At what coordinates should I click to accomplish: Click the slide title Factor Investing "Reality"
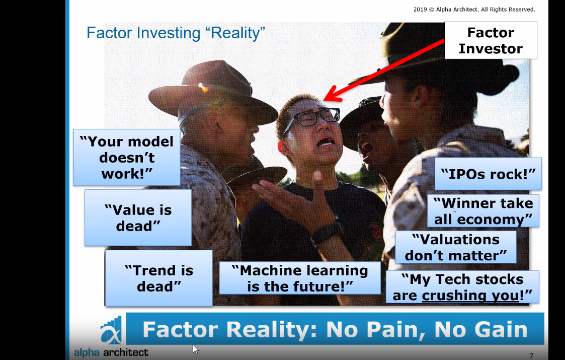click(x=176, y=33)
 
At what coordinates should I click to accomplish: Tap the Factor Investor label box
click(x=491, y=40)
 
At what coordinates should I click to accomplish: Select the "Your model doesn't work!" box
click(x=127, y=158)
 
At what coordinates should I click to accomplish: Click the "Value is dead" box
click(x=138, y=218)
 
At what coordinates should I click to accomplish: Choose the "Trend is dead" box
click(x=159, y=278)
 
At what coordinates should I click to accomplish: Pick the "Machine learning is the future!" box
click(x=300, y=278)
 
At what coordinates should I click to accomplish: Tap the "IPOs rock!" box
click(x=488, y=174)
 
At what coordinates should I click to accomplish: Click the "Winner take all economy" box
click(x=483, y=211)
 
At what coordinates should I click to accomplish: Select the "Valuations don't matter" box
click(x=456, y=247)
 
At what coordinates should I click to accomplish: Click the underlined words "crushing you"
click(x=470, y=296)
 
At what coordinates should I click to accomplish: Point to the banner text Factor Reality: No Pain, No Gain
click(x=335, y=329)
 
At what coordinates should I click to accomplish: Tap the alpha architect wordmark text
click(x=111, y=352)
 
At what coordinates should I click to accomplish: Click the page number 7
click(x=531, y=356)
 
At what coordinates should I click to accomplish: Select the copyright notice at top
click(x=474, y=10)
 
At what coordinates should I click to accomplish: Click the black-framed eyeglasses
click(x=311, y=119)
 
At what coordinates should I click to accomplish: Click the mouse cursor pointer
click(x=195, y=349)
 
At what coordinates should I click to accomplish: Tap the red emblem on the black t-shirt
click(x=375, y=231)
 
